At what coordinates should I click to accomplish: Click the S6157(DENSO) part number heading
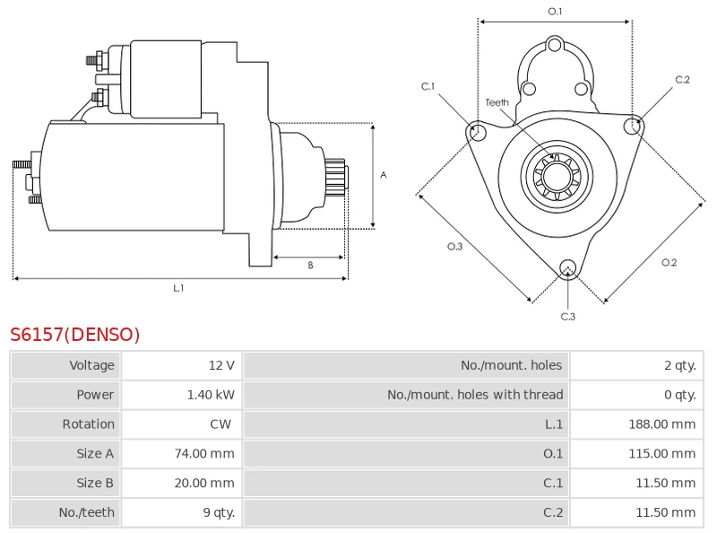[x=75, y=336]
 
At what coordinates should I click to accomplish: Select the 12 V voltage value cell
[x=220, y=365]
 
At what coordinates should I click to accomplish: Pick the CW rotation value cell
[x=220, y=424]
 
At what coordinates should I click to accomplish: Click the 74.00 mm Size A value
[x=203, y=454]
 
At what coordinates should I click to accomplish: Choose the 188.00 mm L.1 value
[x=661, y=424]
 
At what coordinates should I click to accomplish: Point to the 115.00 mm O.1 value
[x=661, y=454]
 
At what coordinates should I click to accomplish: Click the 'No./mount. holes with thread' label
[x=475, y=395]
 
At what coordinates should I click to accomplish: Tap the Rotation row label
[x=88, y=424]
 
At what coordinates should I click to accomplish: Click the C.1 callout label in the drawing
[x=428, y=87]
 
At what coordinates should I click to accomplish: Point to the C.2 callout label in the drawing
[x=682, y=80]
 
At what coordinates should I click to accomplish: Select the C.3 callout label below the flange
[x=567, y=316]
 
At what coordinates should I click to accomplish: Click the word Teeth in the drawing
[x=497, y=102]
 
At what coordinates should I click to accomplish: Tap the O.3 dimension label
[x=454, y=247]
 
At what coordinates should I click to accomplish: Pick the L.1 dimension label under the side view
[x=178, y=288]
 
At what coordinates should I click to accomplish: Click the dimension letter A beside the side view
[x=384, y=175]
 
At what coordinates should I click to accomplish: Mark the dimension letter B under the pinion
[x=310, y=265]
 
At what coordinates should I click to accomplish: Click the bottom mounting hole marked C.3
[x=567, y=267]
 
